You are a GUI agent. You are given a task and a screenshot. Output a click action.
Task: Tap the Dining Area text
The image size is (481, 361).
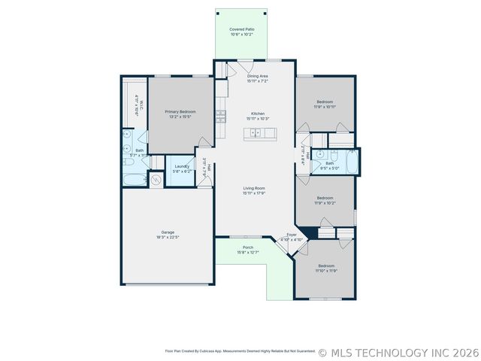pos(257,76)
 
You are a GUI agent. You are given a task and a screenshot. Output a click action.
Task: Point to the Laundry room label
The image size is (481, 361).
pos(182,166)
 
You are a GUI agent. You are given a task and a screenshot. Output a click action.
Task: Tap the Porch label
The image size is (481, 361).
pos(247,247)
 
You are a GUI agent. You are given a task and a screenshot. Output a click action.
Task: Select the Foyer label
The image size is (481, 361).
pos(292,235)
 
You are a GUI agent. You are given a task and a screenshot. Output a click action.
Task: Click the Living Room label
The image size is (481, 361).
pos(253,189)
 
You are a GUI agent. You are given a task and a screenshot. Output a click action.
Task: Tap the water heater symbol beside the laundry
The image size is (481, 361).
pos(156,180)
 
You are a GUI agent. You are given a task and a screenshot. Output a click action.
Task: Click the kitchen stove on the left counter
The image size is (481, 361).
pos(221,116)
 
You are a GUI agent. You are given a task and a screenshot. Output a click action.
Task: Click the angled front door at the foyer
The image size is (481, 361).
pos(285,247)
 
